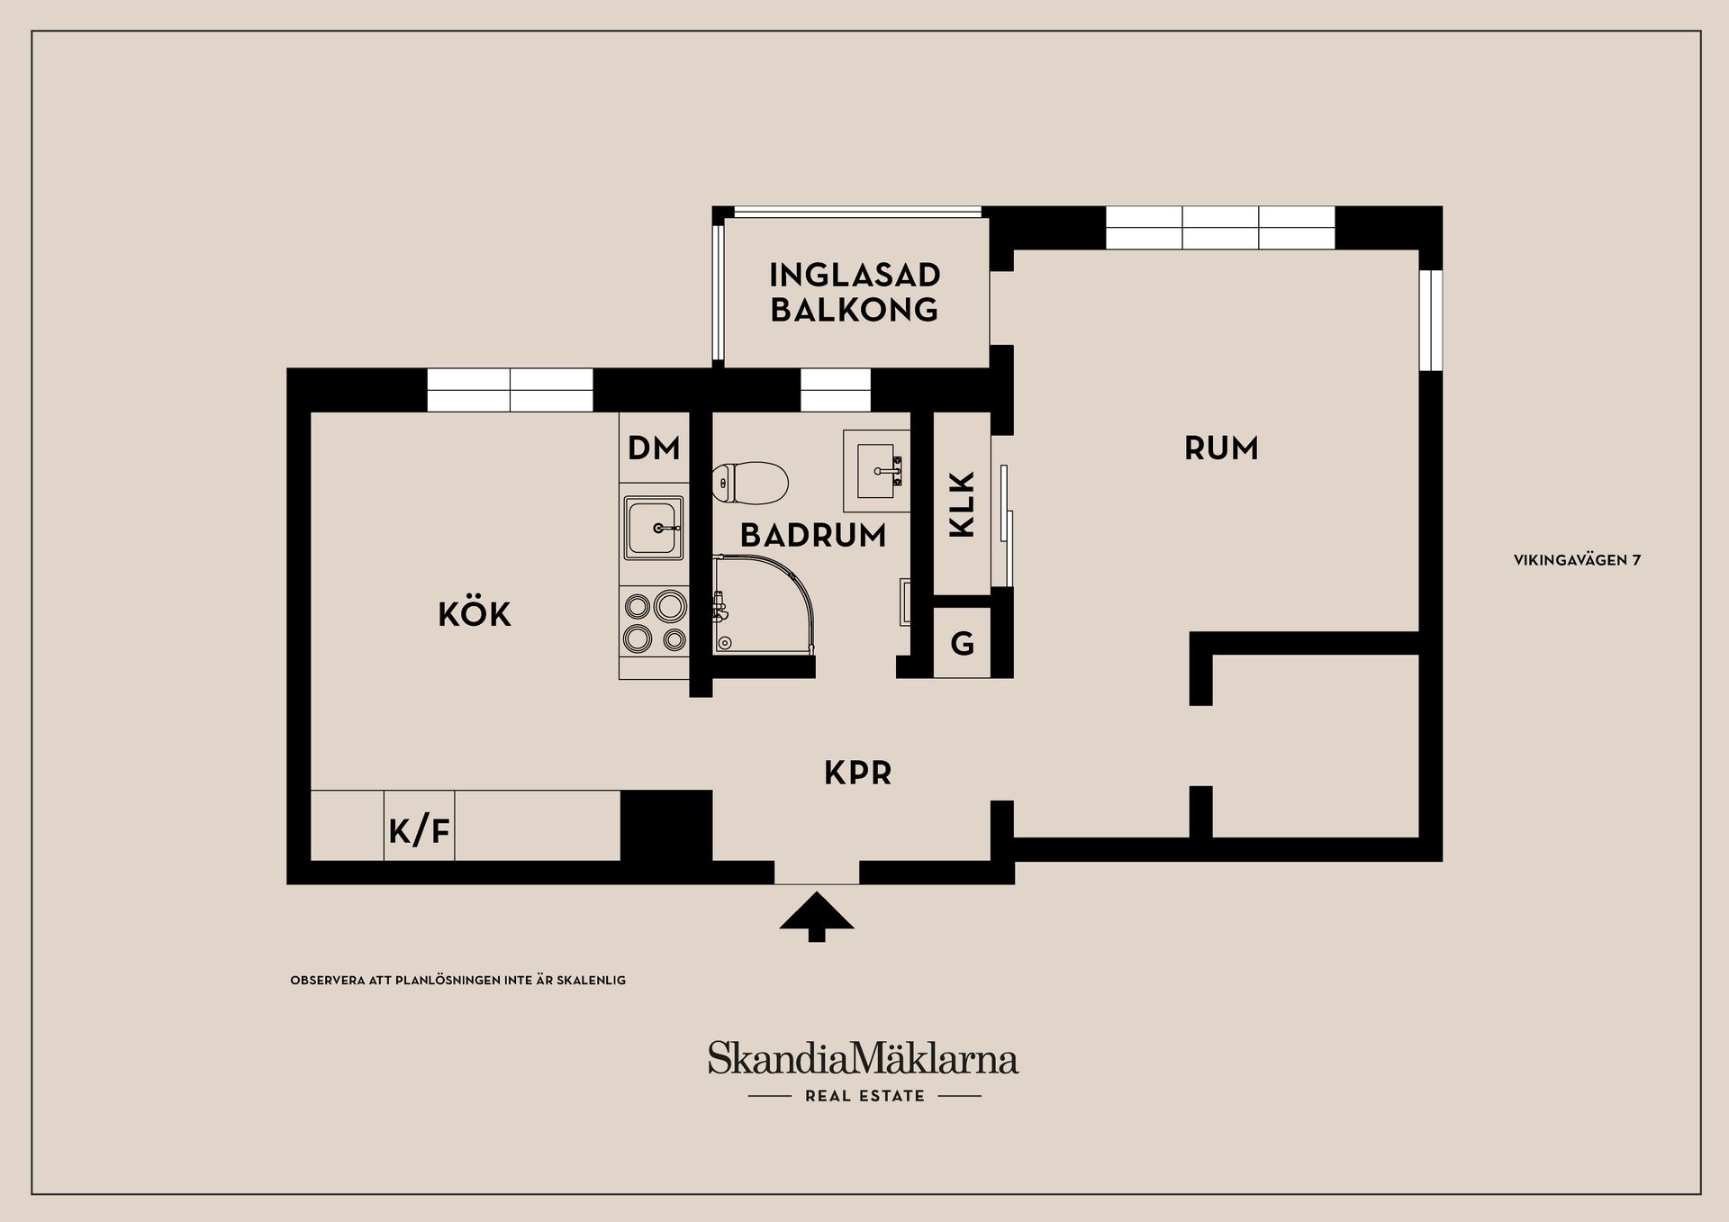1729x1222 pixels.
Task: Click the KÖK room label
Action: click(x=475, y=615)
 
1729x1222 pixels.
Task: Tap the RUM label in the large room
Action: click(x=1220, y=448)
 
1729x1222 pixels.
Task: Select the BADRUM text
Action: click(x=813, y=536)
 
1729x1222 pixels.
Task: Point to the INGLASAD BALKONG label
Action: click(x=855, y=292)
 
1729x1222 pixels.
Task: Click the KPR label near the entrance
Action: click(x=857, y=774)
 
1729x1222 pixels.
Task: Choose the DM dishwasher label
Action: click(x=654, y=448)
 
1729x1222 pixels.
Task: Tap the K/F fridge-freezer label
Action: click(x=419, y=830)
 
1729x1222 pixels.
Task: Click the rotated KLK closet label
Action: click(x=963, y=504)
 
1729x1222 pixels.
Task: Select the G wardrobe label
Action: click(x=962, y=644)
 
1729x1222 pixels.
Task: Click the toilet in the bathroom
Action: click(x=749, y=484)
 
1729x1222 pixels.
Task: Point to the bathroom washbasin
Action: click(x=877, y=470)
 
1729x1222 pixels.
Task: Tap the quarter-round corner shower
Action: click(x=761, y=603)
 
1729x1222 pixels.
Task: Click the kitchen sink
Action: click(x=654, y=528)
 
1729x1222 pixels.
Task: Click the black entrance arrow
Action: click(x=816, y=915)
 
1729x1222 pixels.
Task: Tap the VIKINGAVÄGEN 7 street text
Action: click(x=1577, y=560)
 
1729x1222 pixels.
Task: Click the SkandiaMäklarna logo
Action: click(x=863, y=1059)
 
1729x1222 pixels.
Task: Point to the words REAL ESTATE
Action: click(x=864, y=1096)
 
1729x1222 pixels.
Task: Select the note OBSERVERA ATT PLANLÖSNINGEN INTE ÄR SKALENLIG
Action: click(x=457, y=980)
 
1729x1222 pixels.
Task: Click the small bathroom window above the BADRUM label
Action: click(x=835, y=391)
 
